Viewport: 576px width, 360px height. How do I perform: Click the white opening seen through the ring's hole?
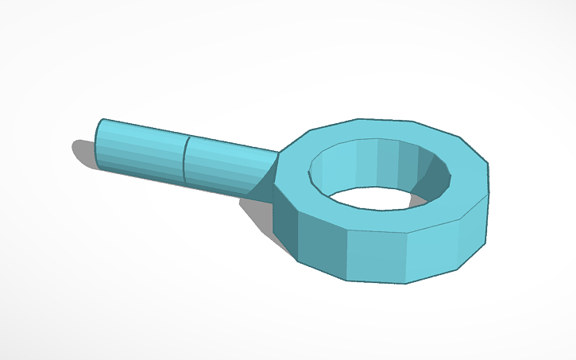373,199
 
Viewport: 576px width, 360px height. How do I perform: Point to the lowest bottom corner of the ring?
405,282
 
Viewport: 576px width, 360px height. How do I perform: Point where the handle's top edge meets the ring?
280,151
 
